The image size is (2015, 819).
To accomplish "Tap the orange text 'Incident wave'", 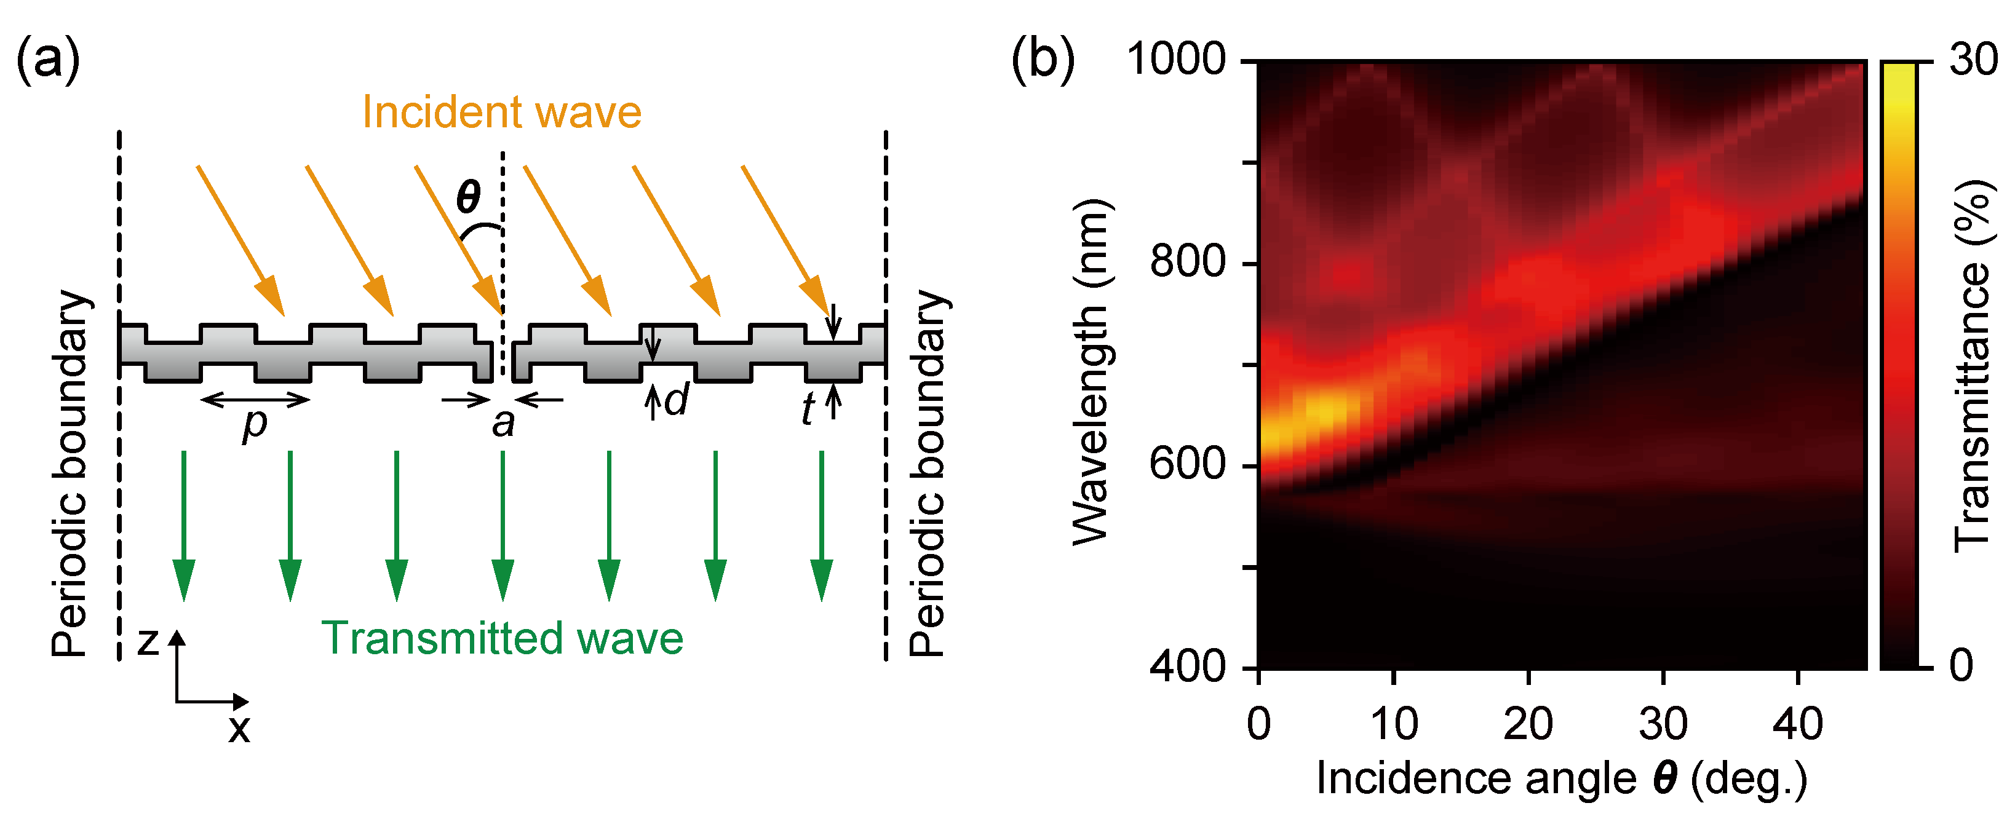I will pos(501,112).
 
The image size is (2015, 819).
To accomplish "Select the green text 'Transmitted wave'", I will pos(502,638).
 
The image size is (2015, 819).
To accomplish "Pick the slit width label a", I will pos(504,423).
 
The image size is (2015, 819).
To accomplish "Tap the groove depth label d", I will pos(676,400).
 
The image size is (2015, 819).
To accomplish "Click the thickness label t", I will pos(808,409).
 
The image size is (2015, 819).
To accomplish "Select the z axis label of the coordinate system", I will pos(148,641).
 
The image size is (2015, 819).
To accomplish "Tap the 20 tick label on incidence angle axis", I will pos(1528,724).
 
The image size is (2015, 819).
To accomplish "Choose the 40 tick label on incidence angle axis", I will pos(1797,724).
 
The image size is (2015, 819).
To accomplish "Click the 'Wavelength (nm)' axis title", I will pos(1091,371).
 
